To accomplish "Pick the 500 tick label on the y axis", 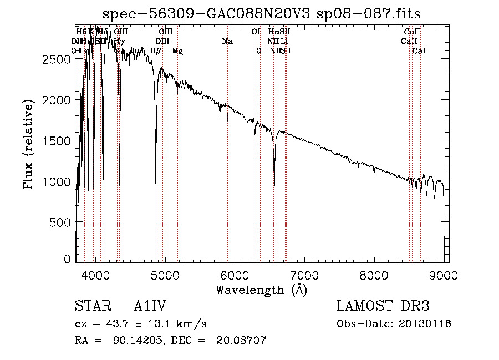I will pyautogui.click(x=59, y=222).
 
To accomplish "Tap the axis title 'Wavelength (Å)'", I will pyautogui.click(x=262, y=290).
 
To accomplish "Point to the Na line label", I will pyautogui.click(x=227, y=42).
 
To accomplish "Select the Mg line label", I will pyautogui.click(x=177, y=51).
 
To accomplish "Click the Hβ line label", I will pyautogui.click(x=156, y=51).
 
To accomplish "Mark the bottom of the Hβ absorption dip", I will pyautogui.click(x=156, y=183).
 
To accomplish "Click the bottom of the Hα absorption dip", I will pyautogui.click(x=274, y=186).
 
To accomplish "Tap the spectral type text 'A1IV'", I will pyautogui.click(x=150, y=307).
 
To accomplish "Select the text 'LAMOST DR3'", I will pyautogui.click(x=383, y=307).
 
